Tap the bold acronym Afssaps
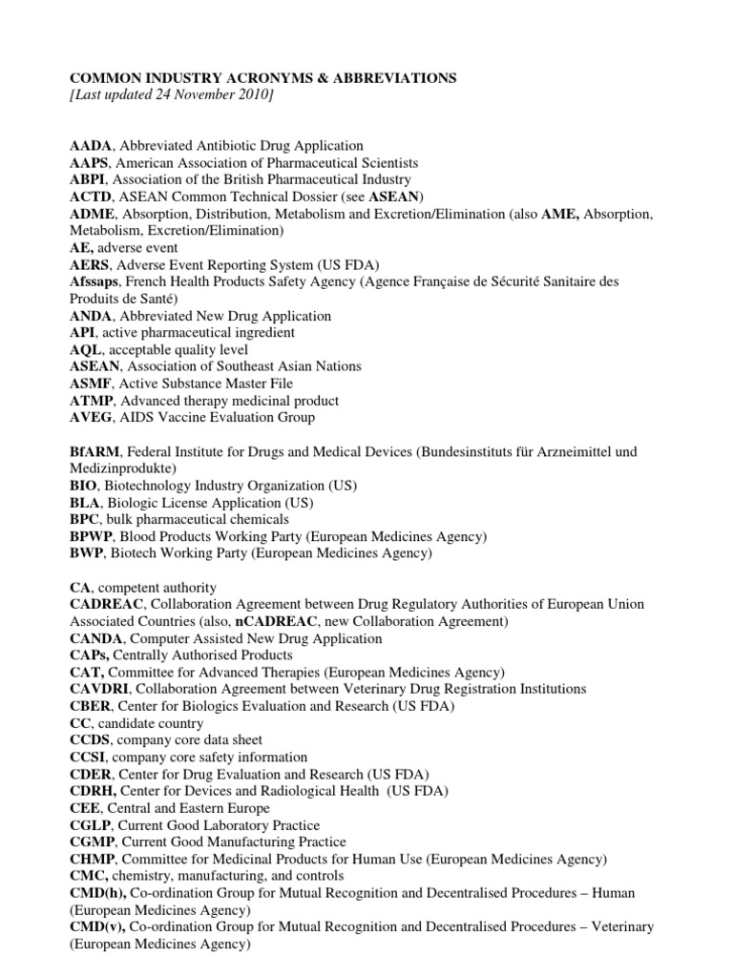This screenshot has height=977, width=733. point(94,281)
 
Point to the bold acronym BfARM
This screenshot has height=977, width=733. point(94,451)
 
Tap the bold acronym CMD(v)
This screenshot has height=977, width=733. point(94,927)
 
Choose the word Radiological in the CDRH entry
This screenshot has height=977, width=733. point(288,792)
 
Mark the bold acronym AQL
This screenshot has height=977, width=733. point(86,349)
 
